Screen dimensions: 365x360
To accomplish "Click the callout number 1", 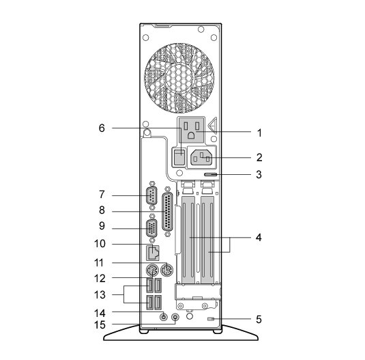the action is click(x=259, y=133).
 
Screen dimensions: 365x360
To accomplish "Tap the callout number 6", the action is click(x=102, y=128).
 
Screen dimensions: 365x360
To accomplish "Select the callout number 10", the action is click(x=100, y=244).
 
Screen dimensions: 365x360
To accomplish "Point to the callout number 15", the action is click(x=100, y=324).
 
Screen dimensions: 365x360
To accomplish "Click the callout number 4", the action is click(x=259, y=238).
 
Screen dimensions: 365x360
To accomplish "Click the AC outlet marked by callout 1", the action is click(x=192, y=130).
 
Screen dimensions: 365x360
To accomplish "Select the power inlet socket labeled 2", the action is click(x=201, y=158).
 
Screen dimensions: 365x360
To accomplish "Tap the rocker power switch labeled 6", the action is click(x=179, y=157).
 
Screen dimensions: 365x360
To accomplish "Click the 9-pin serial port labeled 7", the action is click(x=151, y=196).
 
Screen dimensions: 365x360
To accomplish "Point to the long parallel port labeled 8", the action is click(x=167, y=212).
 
